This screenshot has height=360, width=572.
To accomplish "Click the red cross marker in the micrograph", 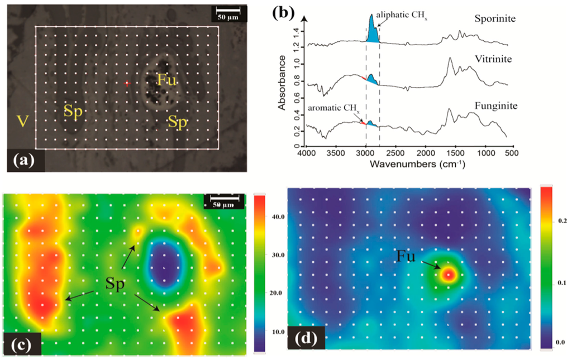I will click(x=127, y=83).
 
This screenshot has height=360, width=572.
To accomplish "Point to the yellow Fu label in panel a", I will click(x=166, y=80).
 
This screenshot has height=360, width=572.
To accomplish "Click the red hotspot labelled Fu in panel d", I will click(x=449, y=274).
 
